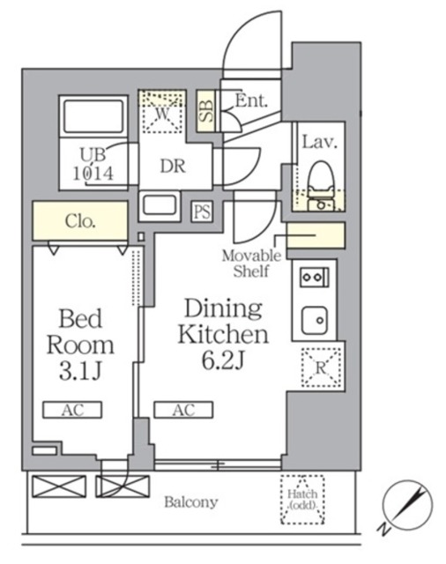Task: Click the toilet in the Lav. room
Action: (321, 186)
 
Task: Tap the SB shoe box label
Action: (206, 110)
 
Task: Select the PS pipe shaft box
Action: (202, 211)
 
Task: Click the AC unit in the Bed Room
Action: (72, 410)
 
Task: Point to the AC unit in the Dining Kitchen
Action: (183, 410)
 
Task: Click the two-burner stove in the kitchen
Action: (315, 278)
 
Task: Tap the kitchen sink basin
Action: (315, 320)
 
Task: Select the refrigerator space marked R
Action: (321, 367)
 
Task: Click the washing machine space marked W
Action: (162, 112)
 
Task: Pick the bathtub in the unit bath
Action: (93, 117)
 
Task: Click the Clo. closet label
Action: (80, 221)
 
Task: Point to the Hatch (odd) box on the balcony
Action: (302, 500)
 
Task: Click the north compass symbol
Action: (407, 505)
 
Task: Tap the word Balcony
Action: (191, 502)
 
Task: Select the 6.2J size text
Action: (223, 361)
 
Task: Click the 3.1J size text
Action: (80, 372)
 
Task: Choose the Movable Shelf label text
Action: (251, 263)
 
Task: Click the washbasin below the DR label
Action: (160, 205)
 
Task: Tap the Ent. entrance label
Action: (251, 100)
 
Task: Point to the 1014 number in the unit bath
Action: (93, 174)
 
